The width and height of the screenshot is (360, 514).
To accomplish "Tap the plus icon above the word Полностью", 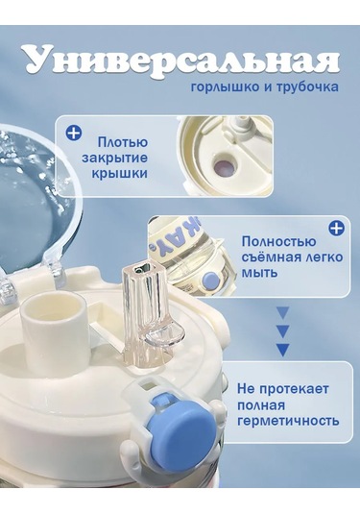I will [x=336, y=228].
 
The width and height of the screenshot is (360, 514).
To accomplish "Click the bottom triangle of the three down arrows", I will [x=282, y=350].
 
